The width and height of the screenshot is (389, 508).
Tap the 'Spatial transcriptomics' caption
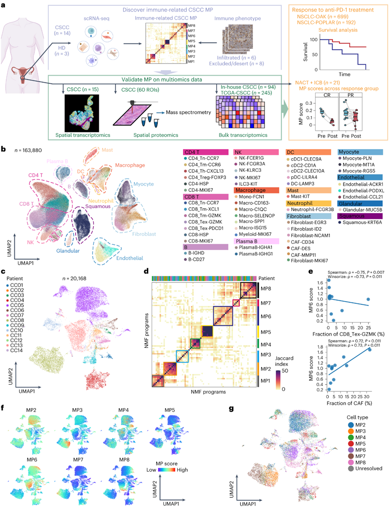(84, 134)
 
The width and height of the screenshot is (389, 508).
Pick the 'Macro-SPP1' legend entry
(254, 228)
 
